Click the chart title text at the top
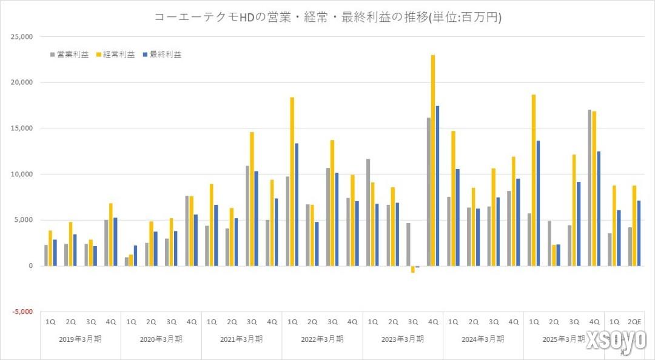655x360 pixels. point(327,18)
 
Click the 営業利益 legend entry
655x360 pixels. point(69,55)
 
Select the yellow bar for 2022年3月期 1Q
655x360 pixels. point(292,182)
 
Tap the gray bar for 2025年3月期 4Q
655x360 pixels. point(590,188)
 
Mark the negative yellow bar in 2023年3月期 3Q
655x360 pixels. point(413,269)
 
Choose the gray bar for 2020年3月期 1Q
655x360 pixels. point(126,261)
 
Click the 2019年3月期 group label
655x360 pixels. point(81,339)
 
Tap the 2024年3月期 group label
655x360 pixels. point(483,339)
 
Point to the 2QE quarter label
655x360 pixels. point(635,322)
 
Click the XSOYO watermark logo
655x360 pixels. point(615,341)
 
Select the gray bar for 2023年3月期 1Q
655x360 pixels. point(368,212)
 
